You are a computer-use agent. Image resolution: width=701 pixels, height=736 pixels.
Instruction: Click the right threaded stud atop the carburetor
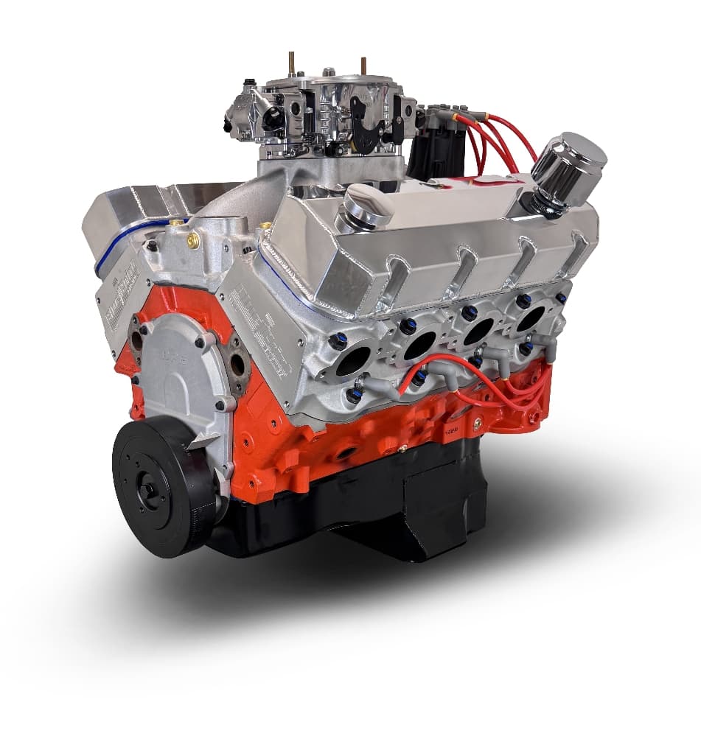click(363, 65)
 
